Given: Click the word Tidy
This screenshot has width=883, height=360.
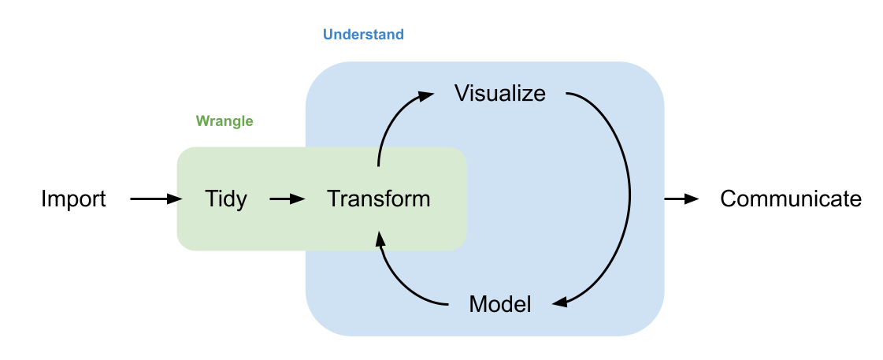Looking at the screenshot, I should [225, 199].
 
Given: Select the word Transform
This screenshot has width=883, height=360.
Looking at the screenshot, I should [378, 199].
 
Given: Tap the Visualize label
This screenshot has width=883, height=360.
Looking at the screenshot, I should [499, 93].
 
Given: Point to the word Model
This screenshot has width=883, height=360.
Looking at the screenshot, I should [499, 304].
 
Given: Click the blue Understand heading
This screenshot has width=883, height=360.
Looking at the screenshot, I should [363, 35].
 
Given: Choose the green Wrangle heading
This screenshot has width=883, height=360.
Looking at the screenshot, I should [224, 121].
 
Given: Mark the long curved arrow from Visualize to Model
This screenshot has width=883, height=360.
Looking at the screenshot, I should [626, 197].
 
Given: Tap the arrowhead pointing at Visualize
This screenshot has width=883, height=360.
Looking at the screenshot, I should [426, 95].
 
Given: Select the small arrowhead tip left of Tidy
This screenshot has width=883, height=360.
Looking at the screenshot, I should [180, 199].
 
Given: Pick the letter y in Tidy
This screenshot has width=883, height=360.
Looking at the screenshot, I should [239, 202].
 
